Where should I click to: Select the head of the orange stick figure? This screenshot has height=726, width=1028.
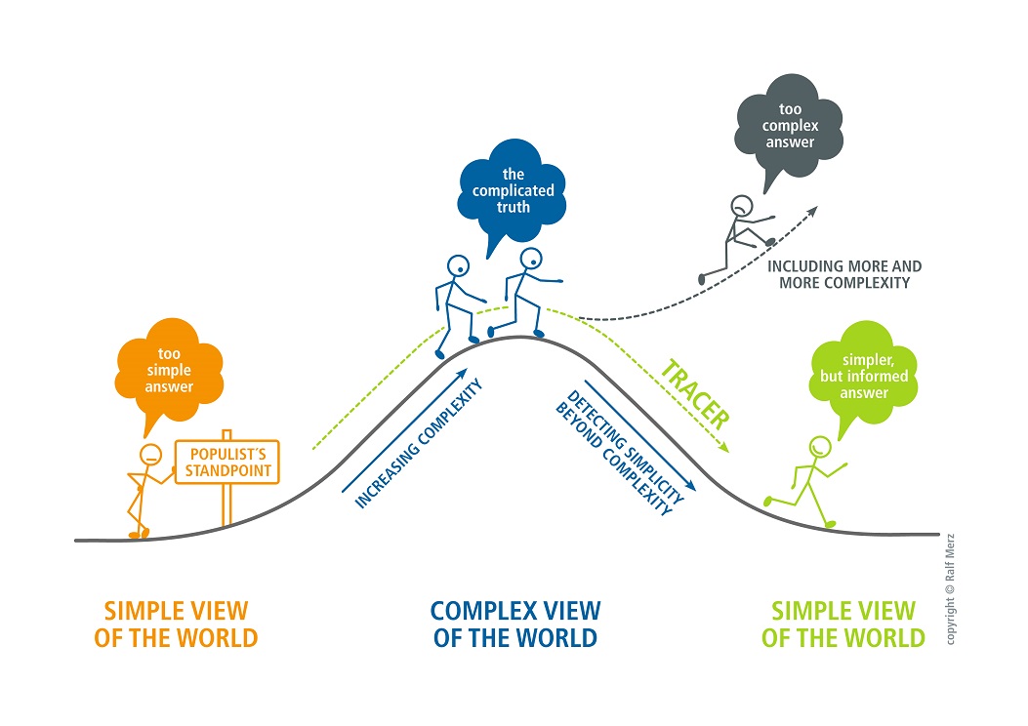tap(150, 454)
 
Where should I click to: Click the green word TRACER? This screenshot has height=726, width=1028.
tap(694, 395)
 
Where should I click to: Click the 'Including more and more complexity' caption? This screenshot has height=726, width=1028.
tap(844, 274)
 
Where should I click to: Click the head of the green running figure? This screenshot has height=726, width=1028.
tap(819, 447)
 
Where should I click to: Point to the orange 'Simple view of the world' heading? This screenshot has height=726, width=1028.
tap(177, 625)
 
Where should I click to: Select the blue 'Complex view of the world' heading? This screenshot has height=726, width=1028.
tap(515, 625)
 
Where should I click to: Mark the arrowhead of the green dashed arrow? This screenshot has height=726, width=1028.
tap(723, 448)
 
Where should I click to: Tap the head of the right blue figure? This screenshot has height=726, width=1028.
tap(530, 260)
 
